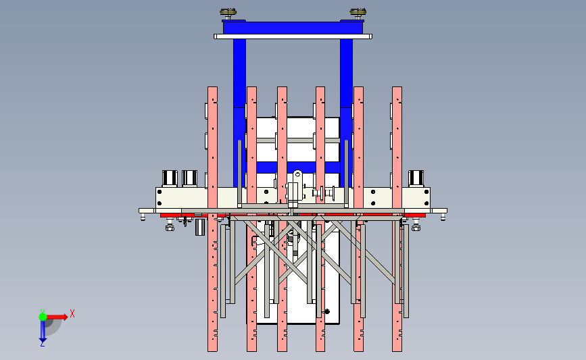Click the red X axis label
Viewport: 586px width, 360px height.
click(x=72, y=313)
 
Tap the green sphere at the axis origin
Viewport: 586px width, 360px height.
click(x=43, y=317)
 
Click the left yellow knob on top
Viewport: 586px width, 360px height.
click(x=228, y=14)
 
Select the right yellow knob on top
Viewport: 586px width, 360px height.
click(x=358, y=14)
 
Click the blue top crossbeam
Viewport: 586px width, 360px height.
click(x=293, y=27)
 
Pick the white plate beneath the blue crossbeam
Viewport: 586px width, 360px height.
click(x=293, y=36)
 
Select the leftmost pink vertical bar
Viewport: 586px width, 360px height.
click(x=213, y=219)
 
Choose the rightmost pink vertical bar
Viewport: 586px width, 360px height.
click(x=397, y=219)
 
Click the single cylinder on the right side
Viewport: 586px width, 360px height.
click(x=416, y=178)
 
